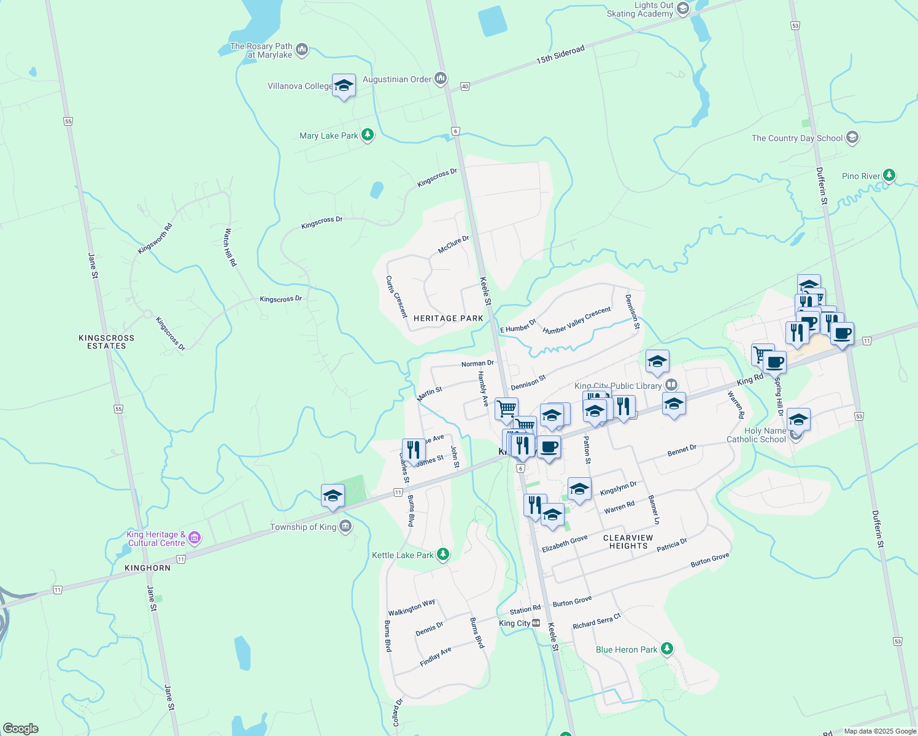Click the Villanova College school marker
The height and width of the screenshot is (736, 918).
click(344, 85)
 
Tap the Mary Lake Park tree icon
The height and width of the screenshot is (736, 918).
click(368, 135)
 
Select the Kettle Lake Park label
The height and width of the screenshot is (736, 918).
click(403, 555)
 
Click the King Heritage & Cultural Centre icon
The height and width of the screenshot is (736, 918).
click(195, 539)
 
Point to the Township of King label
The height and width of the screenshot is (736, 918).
click(303, 527)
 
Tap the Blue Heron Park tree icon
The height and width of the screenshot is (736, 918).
click(667, 649)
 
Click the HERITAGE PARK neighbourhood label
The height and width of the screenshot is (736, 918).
click(448, 318)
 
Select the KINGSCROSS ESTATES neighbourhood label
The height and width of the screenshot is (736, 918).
click(106, 342)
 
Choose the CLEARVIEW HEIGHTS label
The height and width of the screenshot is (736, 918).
click(628, 542)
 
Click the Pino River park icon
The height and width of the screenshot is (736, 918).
click(889, 175)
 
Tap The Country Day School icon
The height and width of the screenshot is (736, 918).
click(852, 137)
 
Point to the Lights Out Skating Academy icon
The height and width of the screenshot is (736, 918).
click(683, 9)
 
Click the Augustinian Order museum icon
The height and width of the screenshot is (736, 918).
click(441, 79)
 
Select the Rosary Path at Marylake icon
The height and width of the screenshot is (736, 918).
click(301, 50)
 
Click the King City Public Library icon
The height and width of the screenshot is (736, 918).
click(671, 385)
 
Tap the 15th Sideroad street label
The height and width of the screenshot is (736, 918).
click(560, 55)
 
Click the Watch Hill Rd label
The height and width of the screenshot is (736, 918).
click(230, 247)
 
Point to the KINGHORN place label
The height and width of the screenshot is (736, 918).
click(147, 568)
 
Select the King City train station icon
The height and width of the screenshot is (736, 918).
click(536, 623)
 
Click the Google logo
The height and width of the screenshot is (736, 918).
click(21, 729)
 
